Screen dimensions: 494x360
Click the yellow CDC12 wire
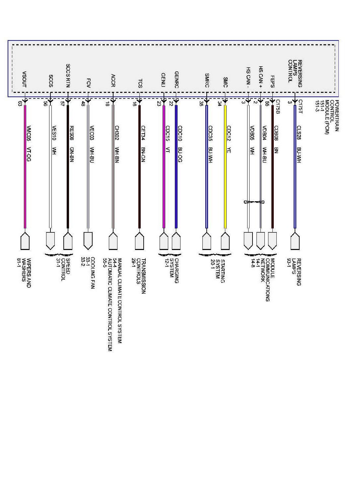[x=225, y=166]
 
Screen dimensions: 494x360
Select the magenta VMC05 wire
[x=25, y=166]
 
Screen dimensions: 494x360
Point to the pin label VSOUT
[x=24, y=79]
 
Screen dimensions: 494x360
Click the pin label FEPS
[x=272, y=81]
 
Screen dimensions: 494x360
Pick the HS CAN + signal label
[x=260, y=77]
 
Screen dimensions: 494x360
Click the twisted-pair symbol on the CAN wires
[x=254, y=202]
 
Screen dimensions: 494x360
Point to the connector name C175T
[x=300, y=107]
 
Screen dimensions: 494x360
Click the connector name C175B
[x=278, y=107]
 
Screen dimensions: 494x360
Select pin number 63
[x=20, y=103]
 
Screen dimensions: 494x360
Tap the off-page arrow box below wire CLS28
[x=295, y=241]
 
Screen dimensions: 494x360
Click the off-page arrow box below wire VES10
[x=50, y=240]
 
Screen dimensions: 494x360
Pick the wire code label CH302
[x=117, y=133]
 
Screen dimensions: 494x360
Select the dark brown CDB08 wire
[x=273, y=166]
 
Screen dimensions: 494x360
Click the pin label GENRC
[x=177, y=80]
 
